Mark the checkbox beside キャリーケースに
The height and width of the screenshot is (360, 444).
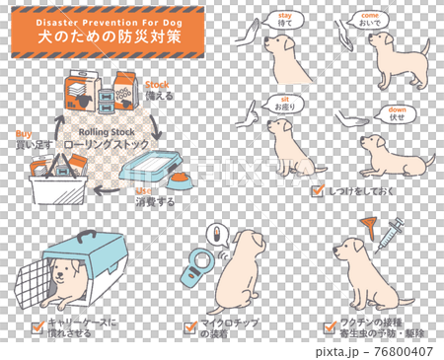click(37, 324)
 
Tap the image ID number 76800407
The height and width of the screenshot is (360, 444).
click(406, 350)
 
